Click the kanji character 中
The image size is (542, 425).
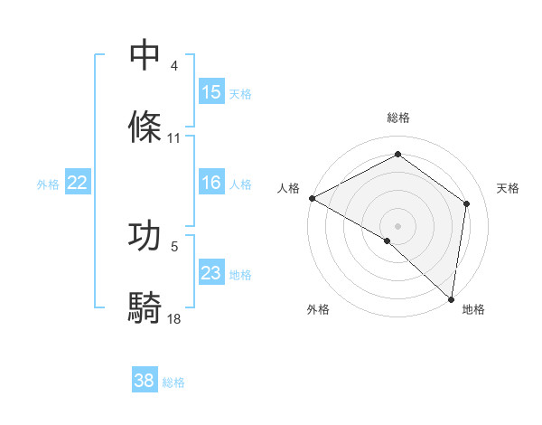pyautogui.click(x=145, y=56)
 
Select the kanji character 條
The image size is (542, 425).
pyautogui.click(x=145, y=127)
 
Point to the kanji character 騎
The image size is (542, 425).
pyautogui.click(x=145, y=307)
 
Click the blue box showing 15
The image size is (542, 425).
pyautogui.click(x=211, y=92)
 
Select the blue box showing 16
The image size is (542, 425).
pyautogui.click(x=211, y=184)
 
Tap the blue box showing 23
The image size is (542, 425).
pyautogui.click(x=211, y=273)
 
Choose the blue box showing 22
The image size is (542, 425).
pyautogui.click(x=78, y=184)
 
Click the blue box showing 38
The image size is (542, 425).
pyautogui.click(x=145, y=382)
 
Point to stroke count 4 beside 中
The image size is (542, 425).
pyautogui.click(x=174, y=66)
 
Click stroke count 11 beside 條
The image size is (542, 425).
pyautogui.click(x=174, y=138)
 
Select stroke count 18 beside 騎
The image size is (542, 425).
pyautogui.click(x=174, y=318)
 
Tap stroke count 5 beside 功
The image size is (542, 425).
pyautogui.click(x=174, y=246)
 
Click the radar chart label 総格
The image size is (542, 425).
pyautogui.click(x=398, y=118)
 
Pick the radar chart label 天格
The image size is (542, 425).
pyautogui.click(x=509, y=188)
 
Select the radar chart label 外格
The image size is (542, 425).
pyautogui.click(x=318, y=310)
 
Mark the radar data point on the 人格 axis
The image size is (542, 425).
pyautogui.click(x=312, y=198)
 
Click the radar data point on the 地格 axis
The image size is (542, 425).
pyautogui.click(x=451, y=298)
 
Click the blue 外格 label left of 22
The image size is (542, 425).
pyautogui.click(x=48, y=184)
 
